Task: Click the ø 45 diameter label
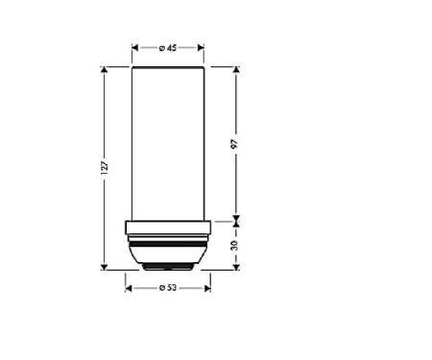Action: click(x=168, y=48)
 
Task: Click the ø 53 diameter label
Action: click(x=168, y=288)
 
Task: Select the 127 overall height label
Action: click(x=105, y=168)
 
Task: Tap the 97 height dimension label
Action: click(x=235, y=144)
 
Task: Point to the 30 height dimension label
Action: click(x=235, y=246)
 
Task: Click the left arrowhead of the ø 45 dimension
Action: click(x=135, y=48)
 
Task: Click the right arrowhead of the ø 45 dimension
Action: click(x=201, y=48)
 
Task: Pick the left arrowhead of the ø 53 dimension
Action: click(x=129, y=289)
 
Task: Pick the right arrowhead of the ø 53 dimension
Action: click(x=207, y=289)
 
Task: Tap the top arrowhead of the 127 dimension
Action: click(x=105, y=70)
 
